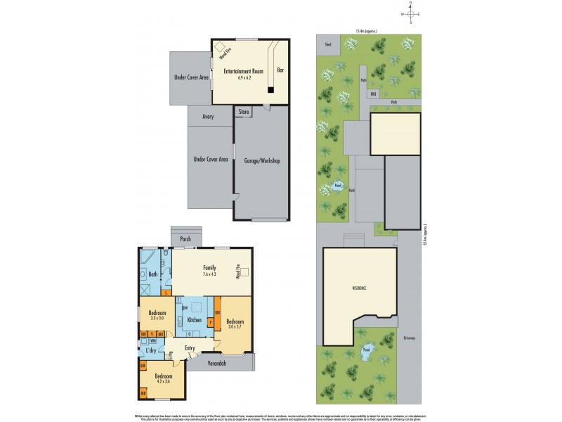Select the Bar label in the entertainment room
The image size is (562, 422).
pyautogui.click(x=280, y=70)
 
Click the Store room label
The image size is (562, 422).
pyautogui.click(x=244, y=111)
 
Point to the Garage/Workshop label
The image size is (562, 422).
pyautogui.click(x=261, y=160)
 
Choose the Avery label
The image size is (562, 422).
pyautogui.click(x=207, y=117)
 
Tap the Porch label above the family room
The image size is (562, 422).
pyautogui.click(x=185, y=239)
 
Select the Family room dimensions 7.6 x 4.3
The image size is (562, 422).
pyautogui.click(x=209, y=275)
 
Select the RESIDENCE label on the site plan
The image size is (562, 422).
pyautogui.click(x=360, y=289)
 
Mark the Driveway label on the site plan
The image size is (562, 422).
pyautogui.click(x=410, y=338)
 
